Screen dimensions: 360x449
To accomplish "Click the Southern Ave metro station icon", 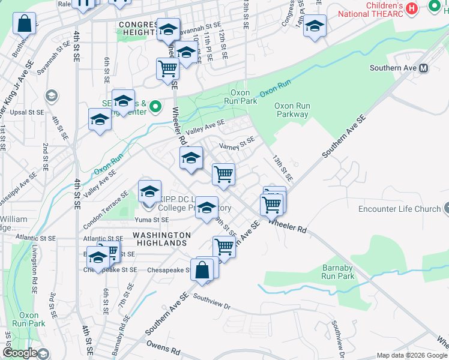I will [x=424, y=68].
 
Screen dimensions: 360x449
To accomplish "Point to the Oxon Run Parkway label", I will [x=292, y=110].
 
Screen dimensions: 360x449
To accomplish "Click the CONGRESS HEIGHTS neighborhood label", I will [x=139, y=25].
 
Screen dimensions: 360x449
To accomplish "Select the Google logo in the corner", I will [x=20, y=353].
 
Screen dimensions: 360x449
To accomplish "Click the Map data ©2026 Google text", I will [x=411, y=355].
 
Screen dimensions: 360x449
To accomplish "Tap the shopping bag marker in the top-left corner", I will [x=25, y=25].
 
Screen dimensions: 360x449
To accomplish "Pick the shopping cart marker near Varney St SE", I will [x=223, y=175].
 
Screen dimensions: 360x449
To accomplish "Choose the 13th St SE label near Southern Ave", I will [x=282, y=169].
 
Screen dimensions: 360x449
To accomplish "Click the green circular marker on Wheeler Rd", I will [x=155, y=107].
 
